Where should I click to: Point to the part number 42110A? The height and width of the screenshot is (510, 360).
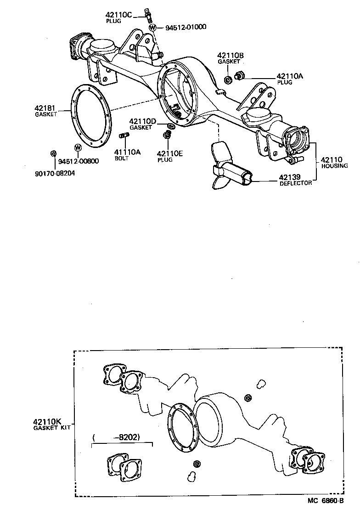pyautogui.click(x=290, y=77)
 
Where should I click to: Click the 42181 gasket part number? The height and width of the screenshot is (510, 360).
pyautogui.click(x=45, y=108)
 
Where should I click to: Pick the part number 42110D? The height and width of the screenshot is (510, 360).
pyautogui.click(x=143, y=121)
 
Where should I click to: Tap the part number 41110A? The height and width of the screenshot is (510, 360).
pyautogui.click(x=128, y=152)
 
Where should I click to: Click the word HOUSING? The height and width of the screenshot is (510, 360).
pyautogui.click(x=335, y=166)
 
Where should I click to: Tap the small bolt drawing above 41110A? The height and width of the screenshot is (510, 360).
pyautogui.click(x=124, y=135)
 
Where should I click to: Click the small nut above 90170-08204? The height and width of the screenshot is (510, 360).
pyautogui.click(x=53, y=153)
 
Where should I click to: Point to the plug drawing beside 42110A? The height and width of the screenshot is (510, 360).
pyautogui.click(x=239, y=75)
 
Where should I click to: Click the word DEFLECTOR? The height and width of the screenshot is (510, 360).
pyautogui.click(x=296, y=183)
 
